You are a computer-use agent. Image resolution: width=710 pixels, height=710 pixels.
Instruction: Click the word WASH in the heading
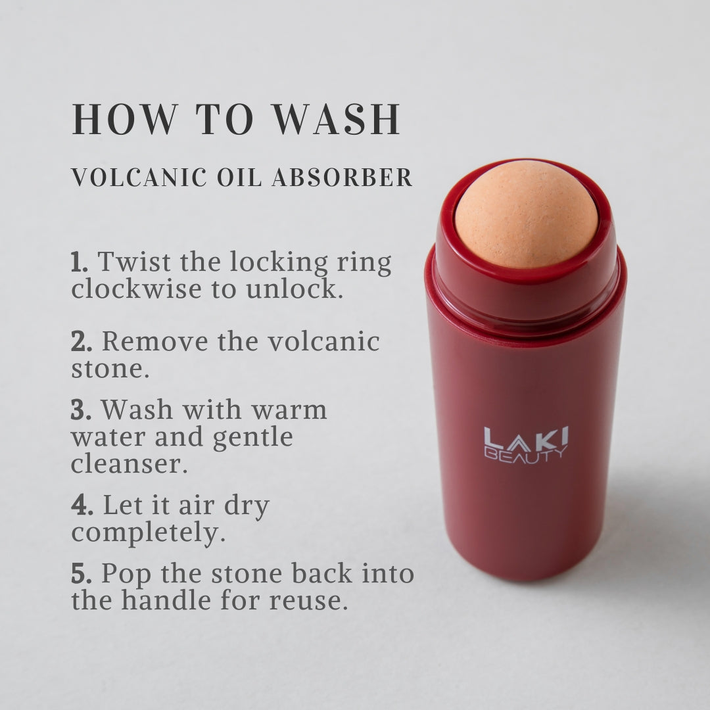point(337,118)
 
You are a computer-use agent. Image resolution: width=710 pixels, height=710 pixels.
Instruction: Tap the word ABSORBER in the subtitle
point(343,177)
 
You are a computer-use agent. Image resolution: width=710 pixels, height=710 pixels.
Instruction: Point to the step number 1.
point(80,262)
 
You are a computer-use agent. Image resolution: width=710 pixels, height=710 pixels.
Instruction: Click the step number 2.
point(82,342)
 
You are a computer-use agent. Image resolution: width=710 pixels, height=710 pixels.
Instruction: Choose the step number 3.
point(81,410)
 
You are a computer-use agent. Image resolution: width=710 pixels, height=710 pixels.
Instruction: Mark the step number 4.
point(82,506)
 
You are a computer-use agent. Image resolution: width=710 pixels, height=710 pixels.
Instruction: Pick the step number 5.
point(82,574)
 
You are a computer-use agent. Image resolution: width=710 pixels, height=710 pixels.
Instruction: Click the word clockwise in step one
point(136,289)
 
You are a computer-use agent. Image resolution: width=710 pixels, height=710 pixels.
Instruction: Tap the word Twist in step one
point(135,262)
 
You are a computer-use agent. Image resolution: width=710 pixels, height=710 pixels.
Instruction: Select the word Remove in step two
point(155,341)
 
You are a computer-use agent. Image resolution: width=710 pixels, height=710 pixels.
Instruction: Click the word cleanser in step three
point(130,465)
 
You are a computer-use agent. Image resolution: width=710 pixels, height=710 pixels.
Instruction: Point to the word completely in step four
point(148,533)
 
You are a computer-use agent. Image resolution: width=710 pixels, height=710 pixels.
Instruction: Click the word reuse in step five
point(308,602)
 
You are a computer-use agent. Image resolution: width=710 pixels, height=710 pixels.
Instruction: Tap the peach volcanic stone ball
point(526,214)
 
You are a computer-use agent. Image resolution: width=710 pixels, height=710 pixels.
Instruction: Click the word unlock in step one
point(295,289)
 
